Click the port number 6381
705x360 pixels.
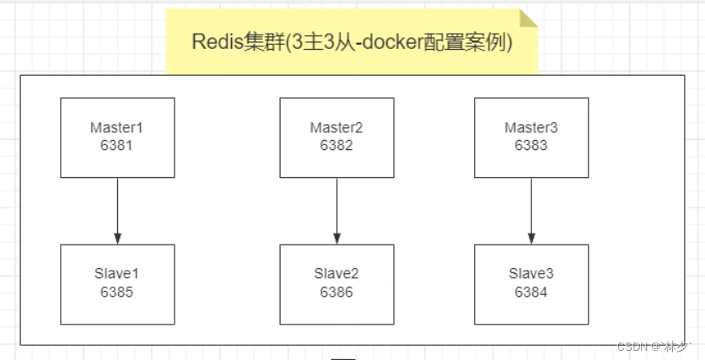coord(117,145)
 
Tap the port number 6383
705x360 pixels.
coord(530,145)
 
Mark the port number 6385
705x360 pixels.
coord(117,293)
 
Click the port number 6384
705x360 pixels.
coord(530,293)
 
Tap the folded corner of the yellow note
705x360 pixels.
coord(529,19)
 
